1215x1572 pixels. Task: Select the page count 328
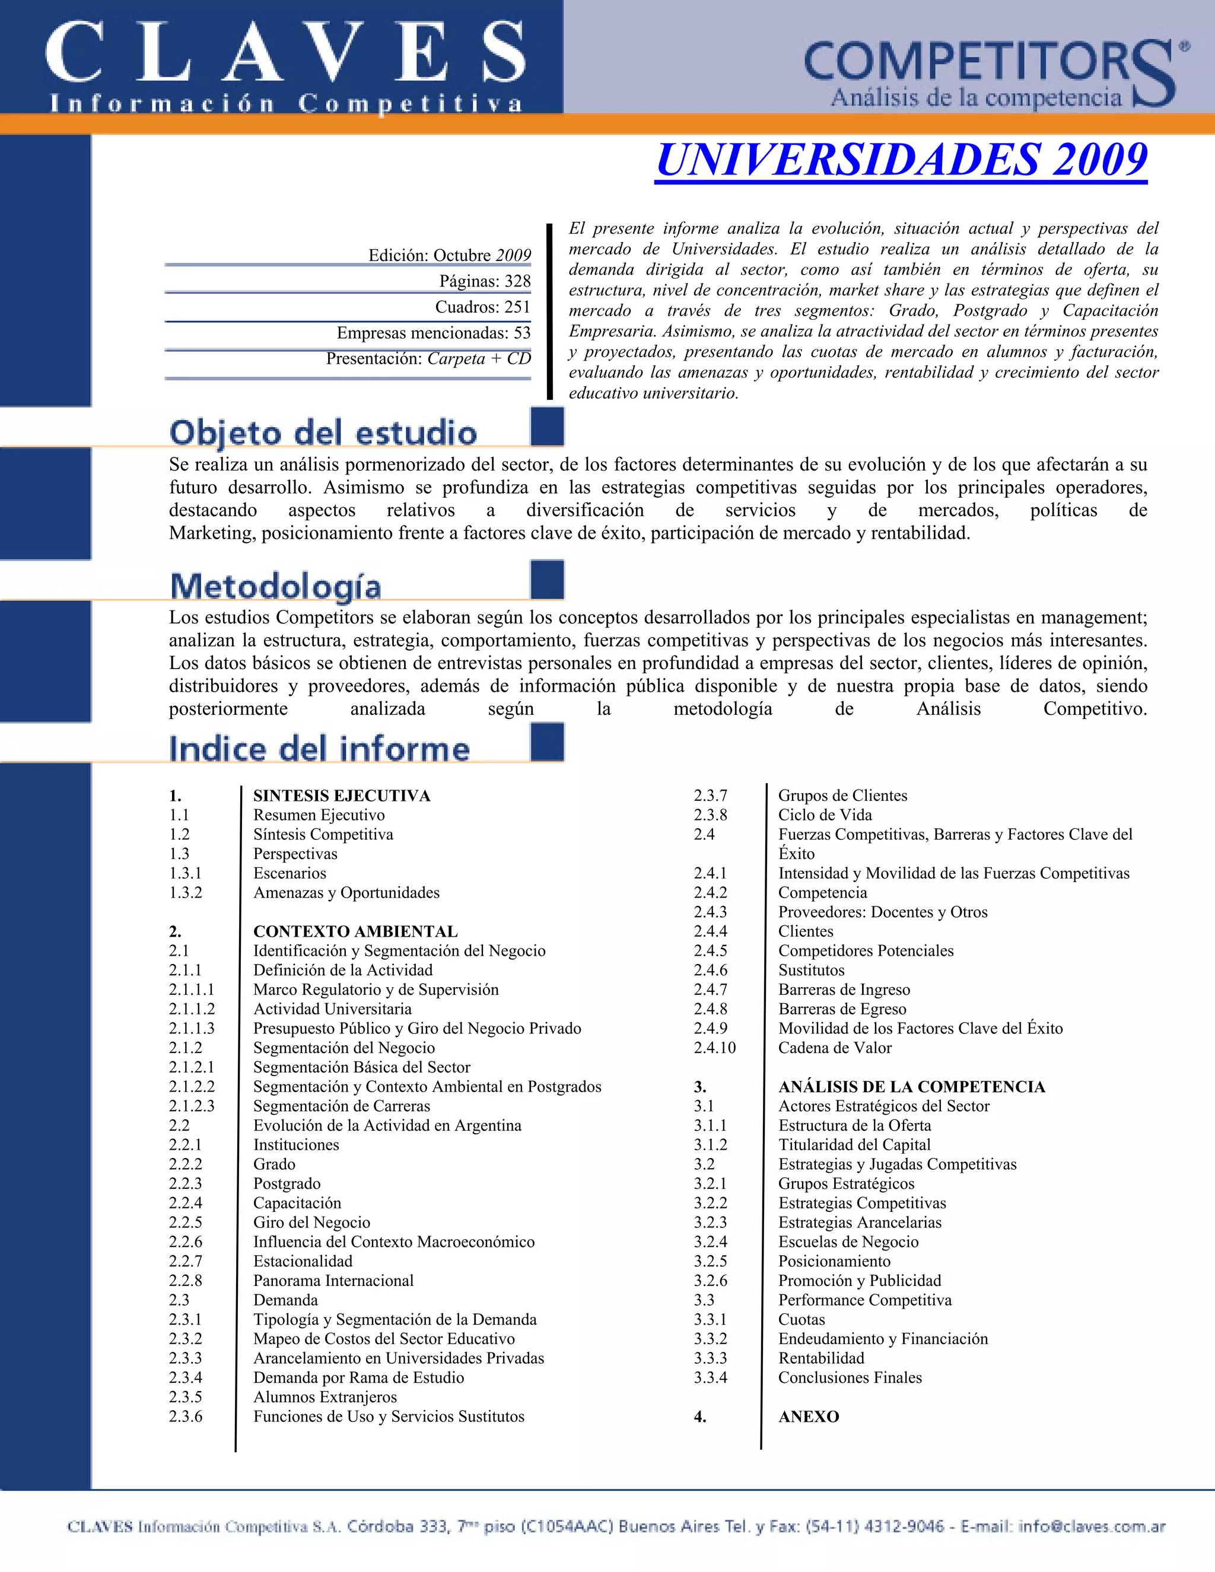tap(517, 281)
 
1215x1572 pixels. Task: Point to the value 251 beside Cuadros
tap(517, 307)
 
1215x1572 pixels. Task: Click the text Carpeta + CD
tap(479, 358)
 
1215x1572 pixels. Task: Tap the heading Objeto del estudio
tap(323, 433)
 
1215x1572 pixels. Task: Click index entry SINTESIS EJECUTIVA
tap(342, 795)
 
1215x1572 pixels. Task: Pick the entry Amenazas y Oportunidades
tap(346, 893)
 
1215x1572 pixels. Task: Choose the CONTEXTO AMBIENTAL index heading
tap(355, 931)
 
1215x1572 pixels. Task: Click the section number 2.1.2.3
tap(192, 1106)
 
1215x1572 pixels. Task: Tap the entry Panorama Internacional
tap(333, 1281)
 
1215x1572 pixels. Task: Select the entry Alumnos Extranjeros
tap(325, 1397)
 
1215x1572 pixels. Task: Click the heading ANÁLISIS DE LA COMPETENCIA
tap(911, 1087)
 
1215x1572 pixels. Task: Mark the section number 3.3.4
tap(710, 1377)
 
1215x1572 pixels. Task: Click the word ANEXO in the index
tap(809, 1417)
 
